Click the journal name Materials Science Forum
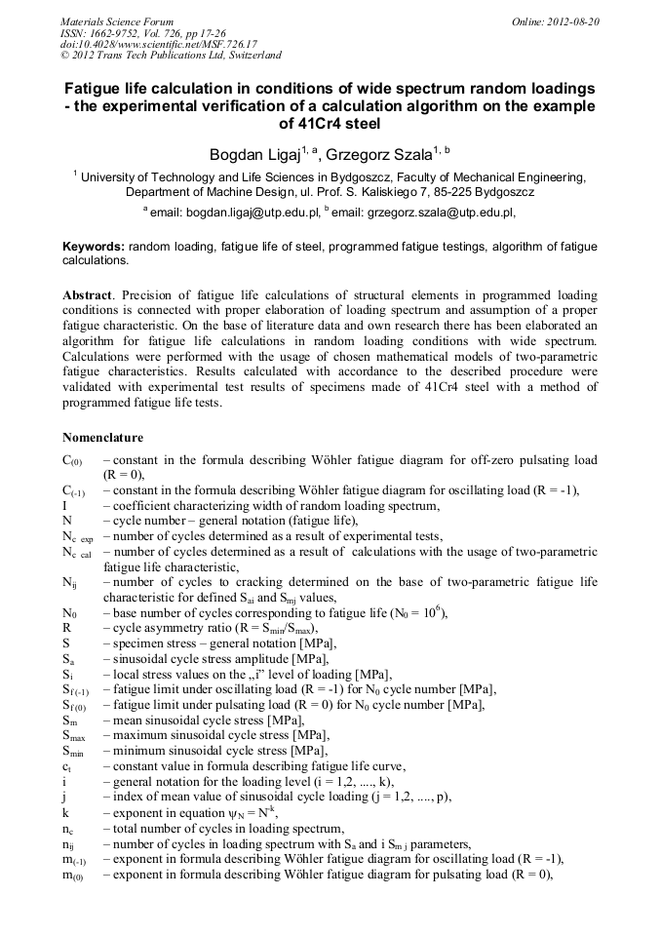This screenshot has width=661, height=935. (x=118, y=20)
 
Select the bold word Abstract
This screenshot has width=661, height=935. (x=87, y=294)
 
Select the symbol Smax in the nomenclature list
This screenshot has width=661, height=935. (x=74, y=735)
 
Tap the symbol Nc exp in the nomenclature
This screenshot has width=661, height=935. (x=78, y=536)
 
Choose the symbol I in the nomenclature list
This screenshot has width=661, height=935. (x=64, y=505)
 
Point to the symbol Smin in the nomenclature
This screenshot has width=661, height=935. (x=73, y=751)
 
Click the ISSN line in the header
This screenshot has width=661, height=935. (x=143, y=32)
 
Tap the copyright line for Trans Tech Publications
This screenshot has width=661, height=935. (x=171, y=56)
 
